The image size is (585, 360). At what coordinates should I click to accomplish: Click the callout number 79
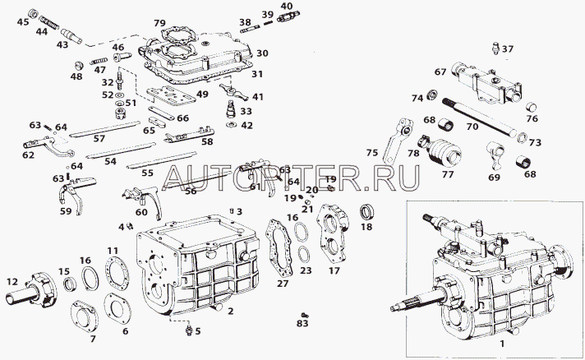[x=159, y=23]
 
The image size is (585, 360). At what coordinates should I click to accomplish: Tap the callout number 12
[x=12, y=282]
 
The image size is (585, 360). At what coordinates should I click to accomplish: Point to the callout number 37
[x=508, y=49]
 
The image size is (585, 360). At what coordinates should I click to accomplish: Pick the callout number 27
[x=283, y=284]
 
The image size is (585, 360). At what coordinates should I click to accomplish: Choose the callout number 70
[x=472, y=127]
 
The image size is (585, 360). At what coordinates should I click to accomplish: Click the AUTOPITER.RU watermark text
[x=292, y=176]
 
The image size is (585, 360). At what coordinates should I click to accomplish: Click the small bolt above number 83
[x=304, y=314]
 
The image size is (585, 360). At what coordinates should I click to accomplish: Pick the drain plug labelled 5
[x=190, y=330]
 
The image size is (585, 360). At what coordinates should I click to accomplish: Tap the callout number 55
[x=147, y=173]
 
